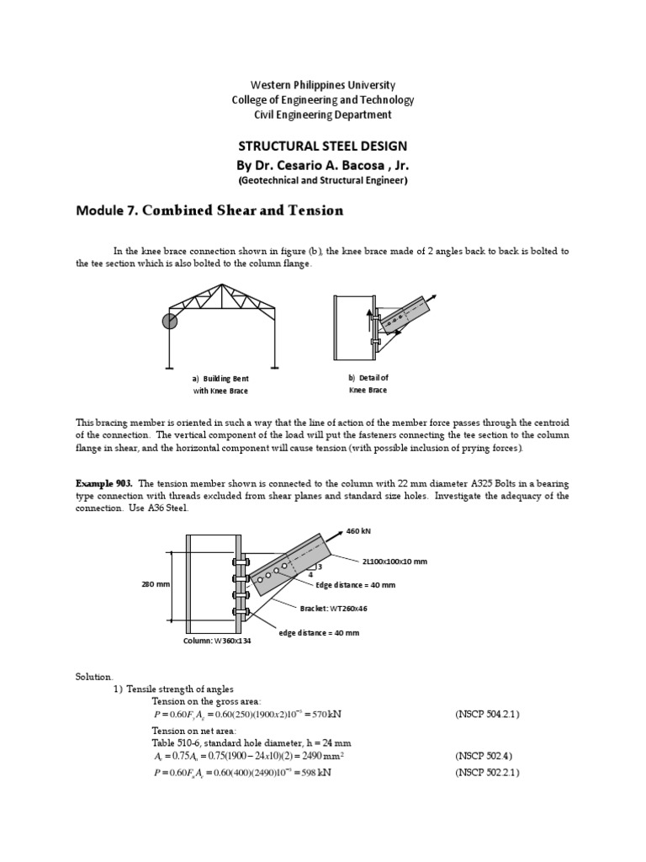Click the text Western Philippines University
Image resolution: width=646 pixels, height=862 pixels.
click(323, 85)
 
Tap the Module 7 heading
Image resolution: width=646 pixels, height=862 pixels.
click(209, 210)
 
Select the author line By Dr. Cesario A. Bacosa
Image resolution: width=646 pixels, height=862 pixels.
click(323, 164)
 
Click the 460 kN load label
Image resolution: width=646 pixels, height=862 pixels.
click(359, 531)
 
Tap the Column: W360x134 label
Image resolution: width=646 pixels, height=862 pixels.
click(217, 641)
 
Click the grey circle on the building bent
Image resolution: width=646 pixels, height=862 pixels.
click(170, 321)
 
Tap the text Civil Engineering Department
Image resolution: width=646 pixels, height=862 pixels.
click(323, 114)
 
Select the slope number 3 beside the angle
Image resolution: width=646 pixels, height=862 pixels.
click(320, 567)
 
